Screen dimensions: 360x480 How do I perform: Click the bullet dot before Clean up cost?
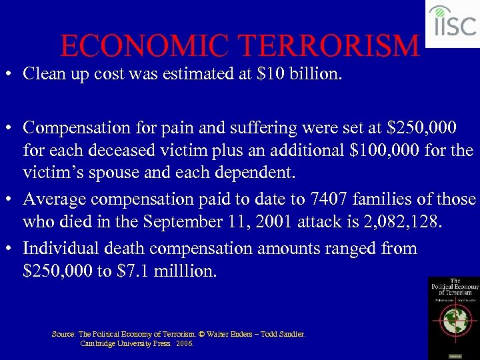(11, 73)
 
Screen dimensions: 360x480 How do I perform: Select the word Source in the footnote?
(63, 334)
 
